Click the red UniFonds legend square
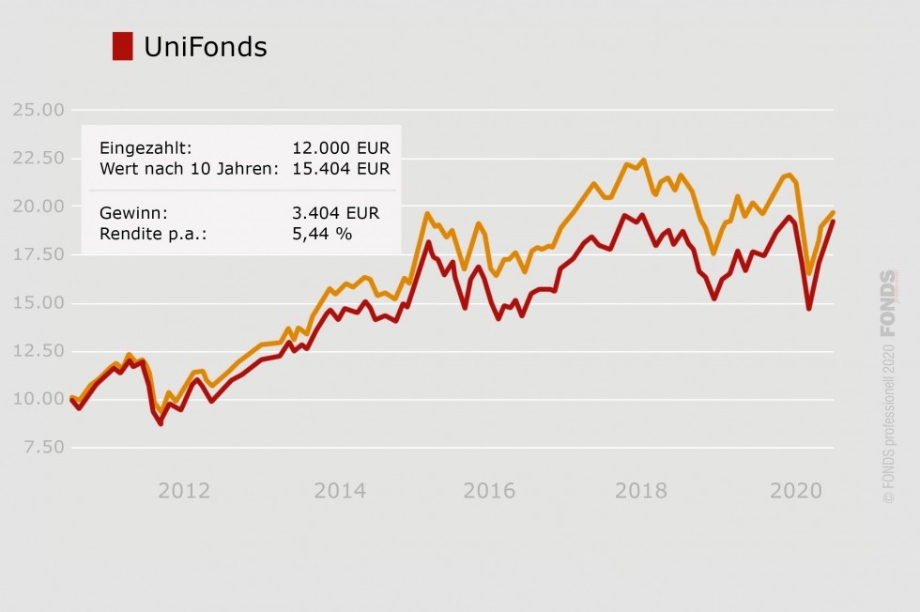click(122, 46)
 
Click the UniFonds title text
click(206, 47)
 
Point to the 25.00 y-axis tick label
click(38, 110)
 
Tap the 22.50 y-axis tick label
click(38, 158)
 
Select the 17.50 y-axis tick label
click(38, 254)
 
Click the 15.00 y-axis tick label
click(38, 303)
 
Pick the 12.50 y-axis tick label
click(38, 351)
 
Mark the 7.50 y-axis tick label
click(42, 448)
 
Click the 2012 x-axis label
click(183, 491)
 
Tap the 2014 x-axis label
click(339, 491)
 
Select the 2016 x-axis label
click(489, 491)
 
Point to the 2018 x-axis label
click(641, 491)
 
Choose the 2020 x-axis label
click(796, 491)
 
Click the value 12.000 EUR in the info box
click(341, 148)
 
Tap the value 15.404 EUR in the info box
click(341, 169)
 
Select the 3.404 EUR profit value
click(335, 213)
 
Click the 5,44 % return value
click(322, 234)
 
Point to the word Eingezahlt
click(146, 148)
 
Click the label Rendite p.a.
click(153, 234)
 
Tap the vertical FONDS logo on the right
click(888, 302)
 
